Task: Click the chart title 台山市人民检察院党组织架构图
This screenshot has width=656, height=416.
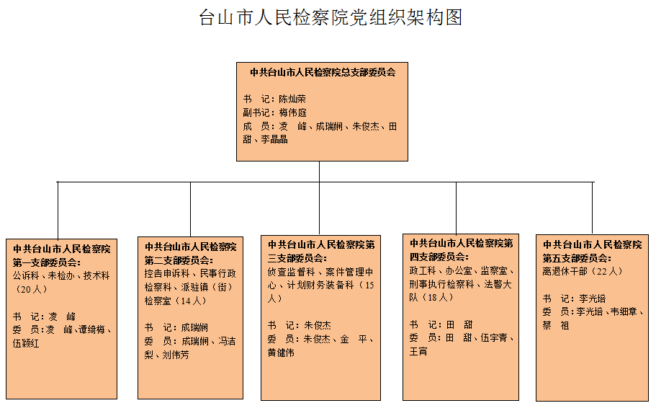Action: pos(331,17)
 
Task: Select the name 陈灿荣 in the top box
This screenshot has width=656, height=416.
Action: pos(292,99)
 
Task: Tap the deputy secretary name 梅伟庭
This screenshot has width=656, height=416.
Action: pos(293,112)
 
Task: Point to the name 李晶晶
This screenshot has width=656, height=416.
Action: pos(274,139)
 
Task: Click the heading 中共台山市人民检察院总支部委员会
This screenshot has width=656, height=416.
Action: pos(323,73)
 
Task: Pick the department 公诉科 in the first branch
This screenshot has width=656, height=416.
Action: pos(26,275)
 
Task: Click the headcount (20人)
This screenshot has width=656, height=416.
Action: pos(31,289)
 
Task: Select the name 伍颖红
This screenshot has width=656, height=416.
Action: pos(26,343)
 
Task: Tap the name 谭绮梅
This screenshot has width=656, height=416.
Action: pos(91,329)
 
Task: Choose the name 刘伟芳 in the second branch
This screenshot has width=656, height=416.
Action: pos(176,355)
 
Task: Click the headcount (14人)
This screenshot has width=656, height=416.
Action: pos(189,301)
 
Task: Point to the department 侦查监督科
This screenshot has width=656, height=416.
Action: pos(291,272)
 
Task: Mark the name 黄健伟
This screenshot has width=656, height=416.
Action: pos(281,353)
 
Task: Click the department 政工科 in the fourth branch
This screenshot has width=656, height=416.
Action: pos(423,270)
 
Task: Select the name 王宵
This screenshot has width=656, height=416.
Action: pos(418,352)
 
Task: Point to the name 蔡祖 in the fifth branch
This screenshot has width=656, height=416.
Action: pos(556,325)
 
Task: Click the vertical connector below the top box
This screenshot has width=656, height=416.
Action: pos(319,172)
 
